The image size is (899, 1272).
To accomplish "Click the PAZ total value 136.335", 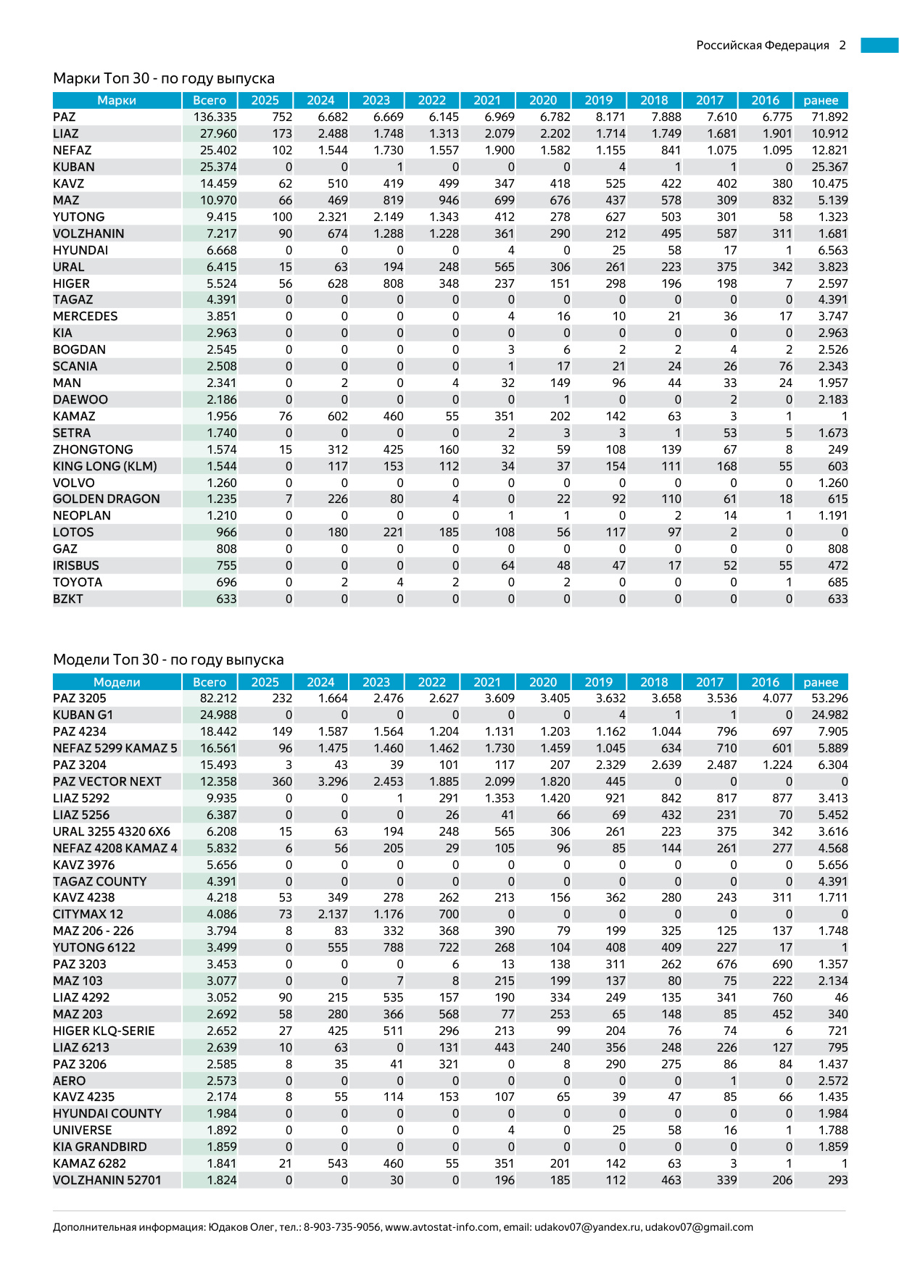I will pyautogui.click(x=215, y=117).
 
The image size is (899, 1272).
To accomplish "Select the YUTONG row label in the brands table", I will pyautogui.click(x=78, y=217).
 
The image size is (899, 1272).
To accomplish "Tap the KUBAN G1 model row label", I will pyautogui.click(x=83, y=715).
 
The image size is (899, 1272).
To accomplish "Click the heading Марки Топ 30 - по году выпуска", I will pyautogui.click(x=164, y=78).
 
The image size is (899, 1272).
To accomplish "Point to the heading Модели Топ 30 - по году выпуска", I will pyautogui.click(x=168, y=660).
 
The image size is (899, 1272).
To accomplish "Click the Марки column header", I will pyautogui.click(x=117, y=100).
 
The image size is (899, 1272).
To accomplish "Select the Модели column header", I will pyautogui.click(x=117, y=682).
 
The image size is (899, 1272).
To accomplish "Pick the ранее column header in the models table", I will pyautogui.click(x=821, y=682).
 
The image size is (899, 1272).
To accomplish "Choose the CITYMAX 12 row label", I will pyautogui.click(x=88, y=914).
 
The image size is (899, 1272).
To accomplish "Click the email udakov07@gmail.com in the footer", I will pyautogui.click(x=699, y=1227).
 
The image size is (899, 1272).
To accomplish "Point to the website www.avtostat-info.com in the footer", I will pyautogui.click(x=442, y=1227).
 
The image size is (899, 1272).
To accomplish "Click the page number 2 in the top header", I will pyautogui.click(x=842, y=45).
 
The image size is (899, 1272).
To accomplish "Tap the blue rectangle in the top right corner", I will pyautogui.click(x=879, y=45).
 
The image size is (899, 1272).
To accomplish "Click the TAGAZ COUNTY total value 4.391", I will pyautogui.click(x=221, y=881).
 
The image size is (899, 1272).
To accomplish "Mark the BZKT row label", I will pyautogui.click(x=67, y=599).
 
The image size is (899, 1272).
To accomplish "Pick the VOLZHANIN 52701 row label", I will pyautogui.click(x=107, y=1180).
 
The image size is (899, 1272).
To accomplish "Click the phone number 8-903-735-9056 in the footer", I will pyautogui.click(x=341, y=1227).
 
